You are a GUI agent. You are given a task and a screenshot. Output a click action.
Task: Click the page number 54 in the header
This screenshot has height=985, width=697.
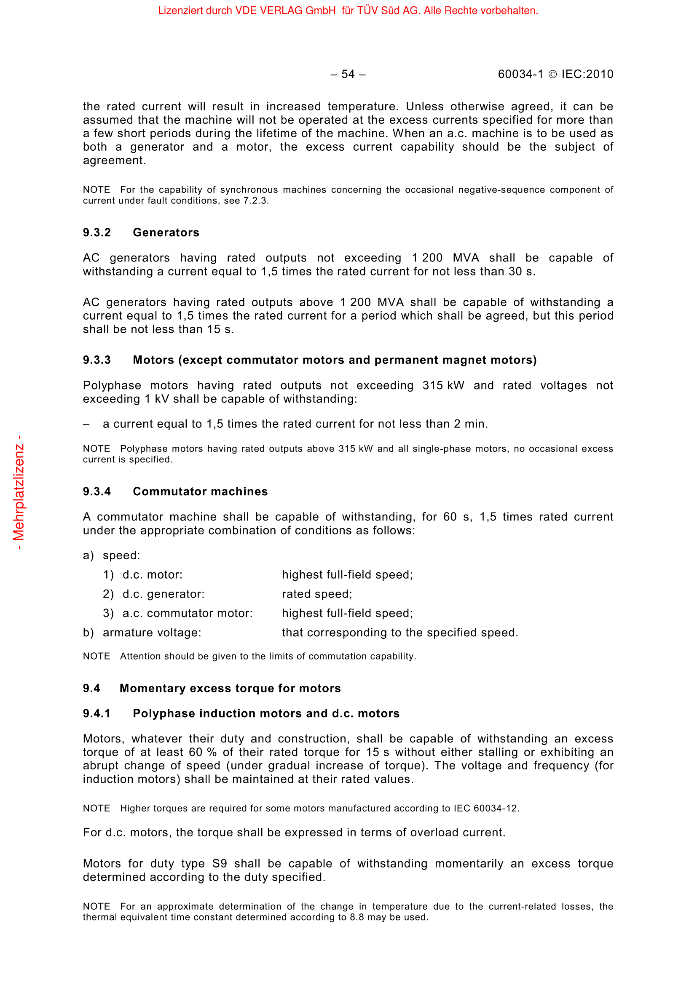point(348,74)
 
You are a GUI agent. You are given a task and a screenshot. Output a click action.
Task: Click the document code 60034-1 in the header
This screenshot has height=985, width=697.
point(520,74)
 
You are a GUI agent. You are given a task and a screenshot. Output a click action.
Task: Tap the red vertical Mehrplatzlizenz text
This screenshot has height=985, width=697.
point(19,493)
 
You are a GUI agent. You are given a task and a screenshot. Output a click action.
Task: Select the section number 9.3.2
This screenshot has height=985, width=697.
point(97,232)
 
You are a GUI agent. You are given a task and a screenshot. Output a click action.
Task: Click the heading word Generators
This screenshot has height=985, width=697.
point(166,232)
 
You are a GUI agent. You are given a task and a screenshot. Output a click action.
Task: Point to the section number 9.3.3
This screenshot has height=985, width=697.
point(97,360)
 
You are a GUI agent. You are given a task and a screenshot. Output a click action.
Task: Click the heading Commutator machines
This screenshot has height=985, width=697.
point(200,491)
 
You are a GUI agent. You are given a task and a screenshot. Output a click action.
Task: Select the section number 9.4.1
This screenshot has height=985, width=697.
point(97,713)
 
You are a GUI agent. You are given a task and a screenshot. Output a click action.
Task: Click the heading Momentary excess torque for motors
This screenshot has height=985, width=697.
point(230,688)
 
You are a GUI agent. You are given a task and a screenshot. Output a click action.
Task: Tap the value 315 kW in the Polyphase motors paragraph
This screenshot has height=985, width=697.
point(443,385)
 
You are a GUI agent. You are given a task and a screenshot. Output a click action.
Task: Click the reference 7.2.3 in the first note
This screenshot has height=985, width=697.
point(255,201)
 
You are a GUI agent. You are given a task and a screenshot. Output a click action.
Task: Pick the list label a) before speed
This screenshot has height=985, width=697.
point(88,555)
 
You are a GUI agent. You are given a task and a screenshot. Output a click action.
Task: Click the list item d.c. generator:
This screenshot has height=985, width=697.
point(164,594)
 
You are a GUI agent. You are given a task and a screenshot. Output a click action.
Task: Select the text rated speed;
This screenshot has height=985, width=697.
point(317,594)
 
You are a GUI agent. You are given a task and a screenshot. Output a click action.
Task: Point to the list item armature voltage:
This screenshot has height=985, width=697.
point(152,633)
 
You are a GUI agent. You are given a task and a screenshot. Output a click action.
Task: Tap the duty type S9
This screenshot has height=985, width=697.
point(219,864)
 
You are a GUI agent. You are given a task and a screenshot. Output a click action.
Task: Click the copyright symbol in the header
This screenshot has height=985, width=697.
point(553,75)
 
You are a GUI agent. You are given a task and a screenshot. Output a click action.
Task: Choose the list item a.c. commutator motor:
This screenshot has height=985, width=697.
point(188,614)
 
